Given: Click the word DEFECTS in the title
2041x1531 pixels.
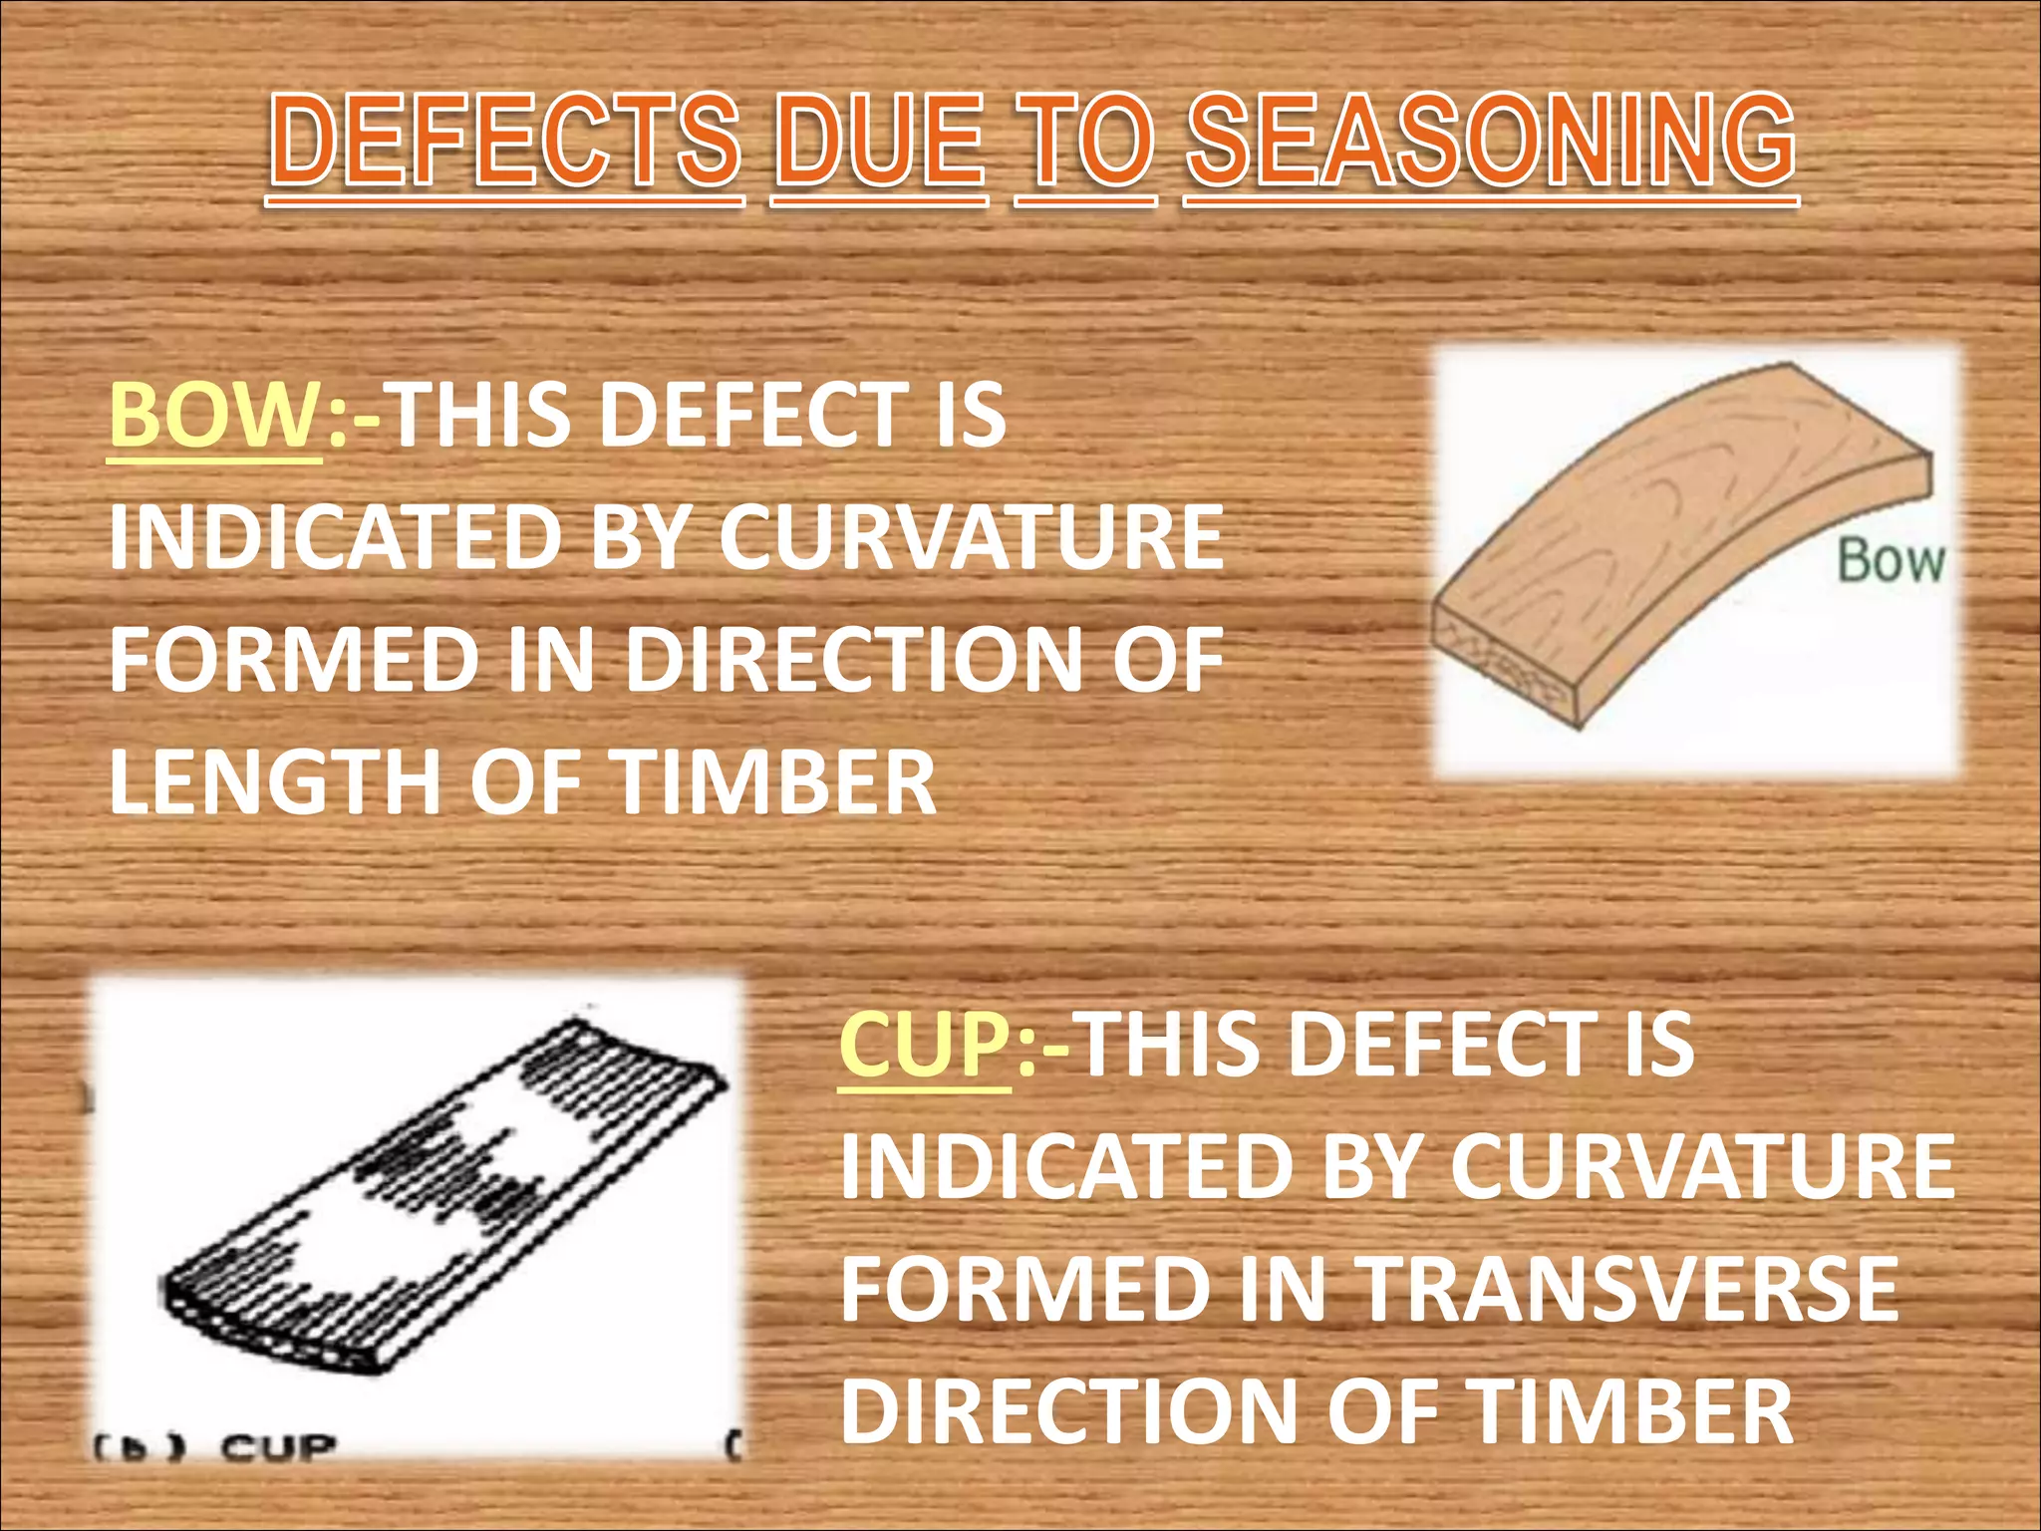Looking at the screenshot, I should (506, 143).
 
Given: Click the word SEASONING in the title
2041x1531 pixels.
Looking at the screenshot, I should (1491, 143).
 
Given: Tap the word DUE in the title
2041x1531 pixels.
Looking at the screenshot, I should (879, 143).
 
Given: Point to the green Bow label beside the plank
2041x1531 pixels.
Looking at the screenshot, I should (1891, 560).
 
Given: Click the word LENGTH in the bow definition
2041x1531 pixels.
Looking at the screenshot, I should (275, 783).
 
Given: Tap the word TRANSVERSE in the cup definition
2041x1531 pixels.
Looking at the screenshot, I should (1629, 1289).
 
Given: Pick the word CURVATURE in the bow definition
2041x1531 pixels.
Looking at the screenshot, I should (971, 538).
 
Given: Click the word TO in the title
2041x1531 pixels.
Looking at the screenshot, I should (1085, 143).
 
